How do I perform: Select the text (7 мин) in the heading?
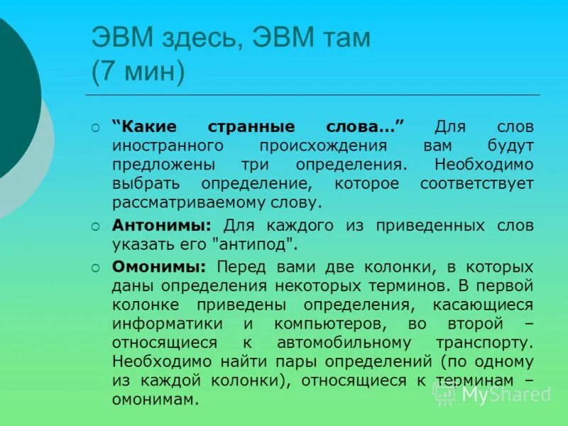click(138, 72)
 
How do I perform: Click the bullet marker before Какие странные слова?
click(97, 128)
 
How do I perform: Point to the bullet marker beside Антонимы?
click(97, 227)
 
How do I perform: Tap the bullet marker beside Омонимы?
click(97, 268)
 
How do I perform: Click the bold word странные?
click(252, 126)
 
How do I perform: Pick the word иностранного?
click(168, 146)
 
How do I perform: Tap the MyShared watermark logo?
click(493, 394)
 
